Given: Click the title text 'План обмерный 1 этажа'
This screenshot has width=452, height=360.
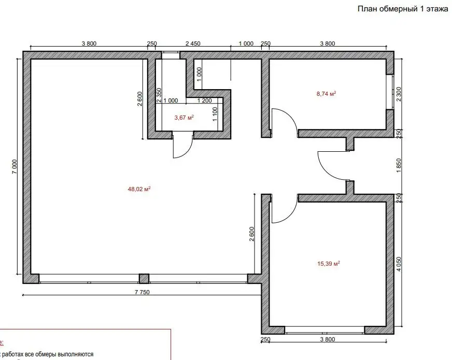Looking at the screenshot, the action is coord(402,9).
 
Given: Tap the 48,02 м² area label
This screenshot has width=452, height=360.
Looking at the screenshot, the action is coord(139,190).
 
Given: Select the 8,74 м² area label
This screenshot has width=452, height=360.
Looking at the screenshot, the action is coord(326,94).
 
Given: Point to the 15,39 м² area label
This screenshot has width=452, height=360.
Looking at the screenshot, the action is coord(328,264).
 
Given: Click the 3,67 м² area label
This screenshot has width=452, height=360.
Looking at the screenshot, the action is coord(184,118).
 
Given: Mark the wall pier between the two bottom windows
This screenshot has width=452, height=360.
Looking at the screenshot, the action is coord(144,279).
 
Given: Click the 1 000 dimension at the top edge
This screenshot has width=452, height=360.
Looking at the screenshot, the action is coord(246,44).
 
